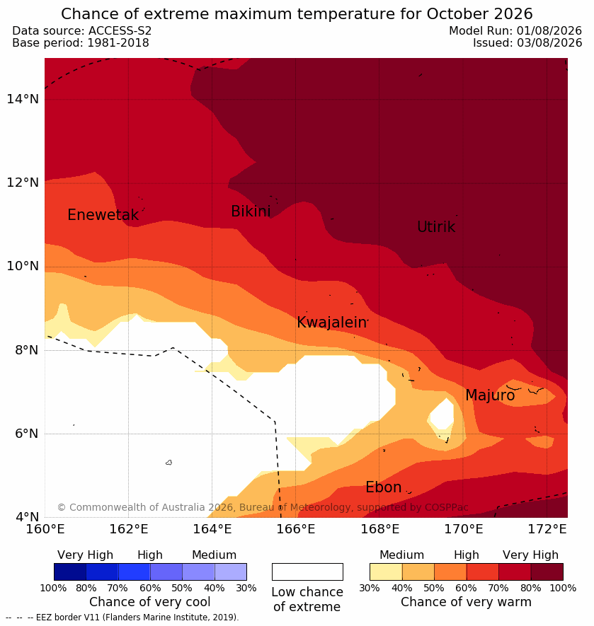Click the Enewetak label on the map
pyautogui.click(x=103, y=215)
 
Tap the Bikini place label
pyautogui.click(x=251, y=211)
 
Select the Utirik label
pyautogui.click(x=436, y=227)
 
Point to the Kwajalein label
pyautogui.click(x=331, y=322)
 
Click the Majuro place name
pyautogui.click(x=490, y=395)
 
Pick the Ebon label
pyautogui.click(x=383, y=487)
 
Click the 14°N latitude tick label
pyautogui.click(x=23, y=98)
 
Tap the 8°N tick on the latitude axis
pyautogui.click(x=27, y=350)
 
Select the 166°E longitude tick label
pyautogui.click(x=296, y=529)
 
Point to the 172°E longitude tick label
pyautogui.click(x=547, y=529)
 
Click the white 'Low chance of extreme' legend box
pyautogui.click(x=307, y=572)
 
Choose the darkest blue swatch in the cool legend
pyautogui.click(x=70, y=572)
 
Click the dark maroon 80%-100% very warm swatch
pyautogui.click(x=547, y=572)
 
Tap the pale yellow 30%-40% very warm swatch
pyautogui.click(x=386, y=572)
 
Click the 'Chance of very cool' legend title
pyautogui.click(x=149, y=602)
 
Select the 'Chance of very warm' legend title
pyautogui.click(x=466, y=602)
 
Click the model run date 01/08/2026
pyautogui.click(x=549, y=30)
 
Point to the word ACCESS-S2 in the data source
pyautogui.click(x=120, y=30)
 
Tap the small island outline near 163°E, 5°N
pyautogui.click(x=169, y=463)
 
